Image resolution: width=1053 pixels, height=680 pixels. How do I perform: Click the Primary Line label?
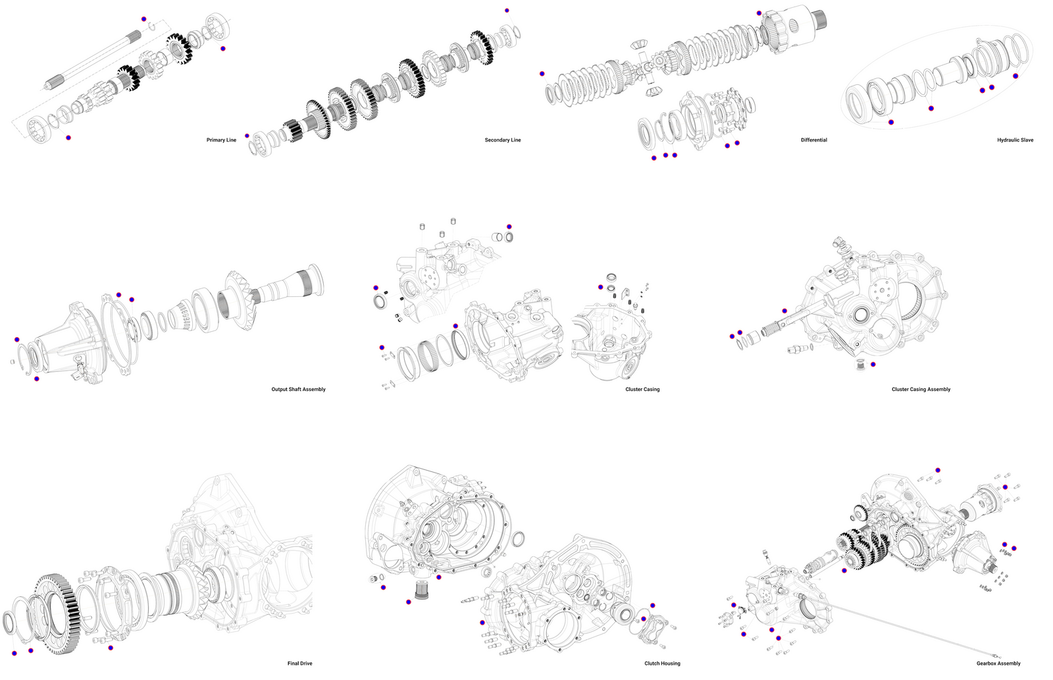pyautogui.click(x=221, y=140)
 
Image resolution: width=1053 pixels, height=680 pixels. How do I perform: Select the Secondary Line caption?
pyautogui.click(x=503, y=140)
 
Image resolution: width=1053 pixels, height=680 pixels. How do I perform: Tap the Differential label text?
pyautogui.click(x=814, y=140)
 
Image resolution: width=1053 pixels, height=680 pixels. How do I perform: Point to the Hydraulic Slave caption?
pyautogui.click(x=1015, y=140)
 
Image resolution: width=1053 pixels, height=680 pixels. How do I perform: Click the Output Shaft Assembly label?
pyautogui.click(x=299, y=390)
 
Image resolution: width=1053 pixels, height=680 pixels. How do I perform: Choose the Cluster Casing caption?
pyautogui.click(x=642, y=390)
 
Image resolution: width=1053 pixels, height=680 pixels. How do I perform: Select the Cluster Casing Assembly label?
pyautogui.click(x=921, y=390)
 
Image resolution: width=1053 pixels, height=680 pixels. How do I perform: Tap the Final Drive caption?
pyautogui.click(x=300, y=664)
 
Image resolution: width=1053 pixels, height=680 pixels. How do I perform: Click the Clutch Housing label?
pyautogui.click(x=662, y=664)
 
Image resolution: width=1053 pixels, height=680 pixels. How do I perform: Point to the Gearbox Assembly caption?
pyautogui.click(x=998, y=664)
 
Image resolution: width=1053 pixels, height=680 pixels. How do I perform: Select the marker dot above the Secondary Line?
pyautogui.click(x=507, y=11)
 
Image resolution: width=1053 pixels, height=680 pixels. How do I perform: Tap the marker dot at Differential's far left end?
pyautogui.click(x=542, y=74)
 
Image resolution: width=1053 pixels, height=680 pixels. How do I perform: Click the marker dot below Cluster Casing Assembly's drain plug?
pyautogui.click(x=873, y=365)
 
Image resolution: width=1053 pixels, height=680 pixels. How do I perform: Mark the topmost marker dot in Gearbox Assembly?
pyautogui.click(x=938, y=470)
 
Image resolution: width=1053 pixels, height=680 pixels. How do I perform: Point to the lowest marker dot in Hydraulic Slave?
pyautogui.click(x=891, y=122)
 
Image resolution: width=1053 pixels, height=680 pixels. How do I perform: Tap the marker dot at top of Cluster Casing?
pyautogui.click(x=509, y=226)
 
